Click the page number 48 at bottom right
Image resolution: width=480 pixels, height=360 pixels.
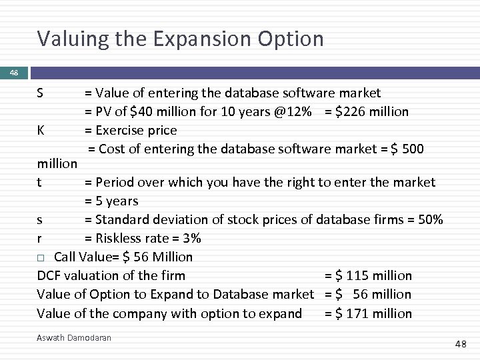pos(460,344)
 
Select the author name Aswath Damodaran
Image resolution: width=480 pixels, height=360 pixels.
pos(74,338)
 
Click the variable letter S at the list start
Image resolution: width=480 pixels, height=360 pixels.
pos(41,93)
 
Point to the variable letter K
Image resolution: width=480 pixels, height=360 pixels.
pos(41,130)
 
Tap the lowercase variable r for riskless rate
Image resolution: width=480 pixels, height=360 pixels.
pos(39,238)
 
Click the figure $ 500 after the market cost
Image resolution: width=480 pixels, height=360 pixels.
pos(407,149)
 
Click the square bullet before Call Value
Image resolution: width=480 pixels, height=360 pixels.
pos(41,257)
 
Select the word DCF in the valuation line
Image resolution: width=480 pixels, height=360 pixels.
pos(49,275)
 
